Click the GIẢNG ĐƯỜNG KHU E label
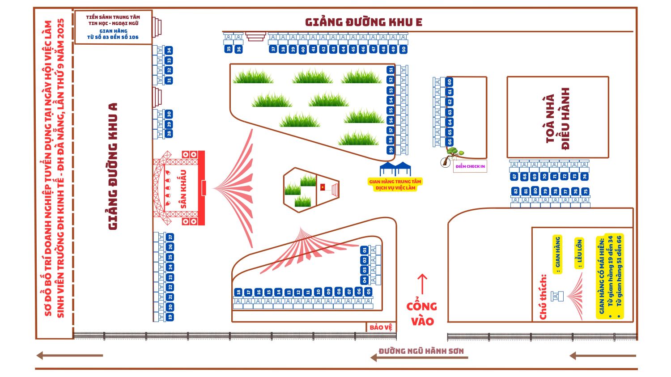[363, 22]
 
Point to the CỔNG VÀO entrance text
[422, 313]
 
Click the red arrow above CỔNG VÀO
[422, 284]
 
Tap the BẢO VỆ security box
[381, 327]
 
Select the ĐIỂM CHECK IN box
[470, 166]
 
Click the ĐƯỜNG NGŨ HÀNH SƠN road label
[421, 351]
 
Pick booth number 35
[229, 49]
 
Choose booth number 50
[403, 49]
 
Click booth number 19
[170, 317]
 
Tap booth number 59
[391, 150]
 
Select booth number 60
[450, 82]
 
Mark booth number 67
[514, 176]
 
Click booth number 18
[238, 292]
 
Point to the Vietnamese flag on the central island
[323, 187]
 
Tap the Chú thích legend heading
[544, 297]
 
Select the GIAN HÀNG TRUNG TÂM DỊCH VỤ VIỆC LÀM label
[395, 185]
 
